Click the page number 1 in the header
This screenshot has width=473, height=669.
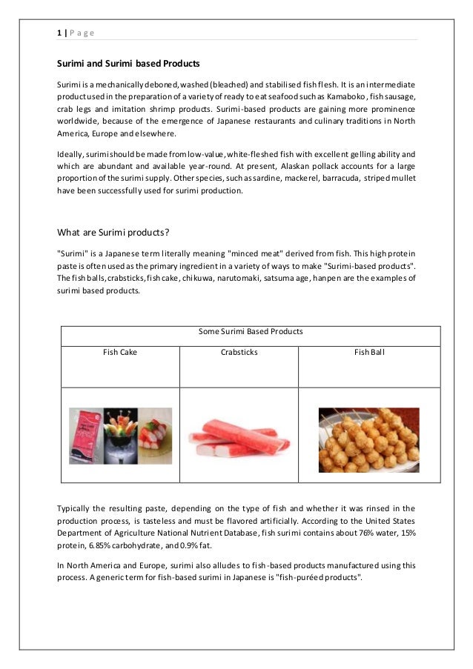pos(59,33)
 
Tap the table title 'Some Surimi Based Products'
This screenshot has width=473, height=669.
pos(251,331)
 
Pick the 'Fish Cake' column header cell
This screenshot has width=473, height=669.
pos(119,353)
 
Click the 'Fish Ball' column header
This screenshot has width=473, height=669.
pos(369,353)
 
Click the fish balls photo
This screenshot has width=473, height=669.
pos(368,437)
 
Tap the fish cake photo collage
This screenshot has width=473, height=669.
pos(120,436)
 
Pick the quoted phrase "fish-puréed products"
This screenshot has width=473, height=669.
pos(320,577)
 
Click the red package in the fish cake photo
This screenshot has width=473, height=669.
pos(85,436)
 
